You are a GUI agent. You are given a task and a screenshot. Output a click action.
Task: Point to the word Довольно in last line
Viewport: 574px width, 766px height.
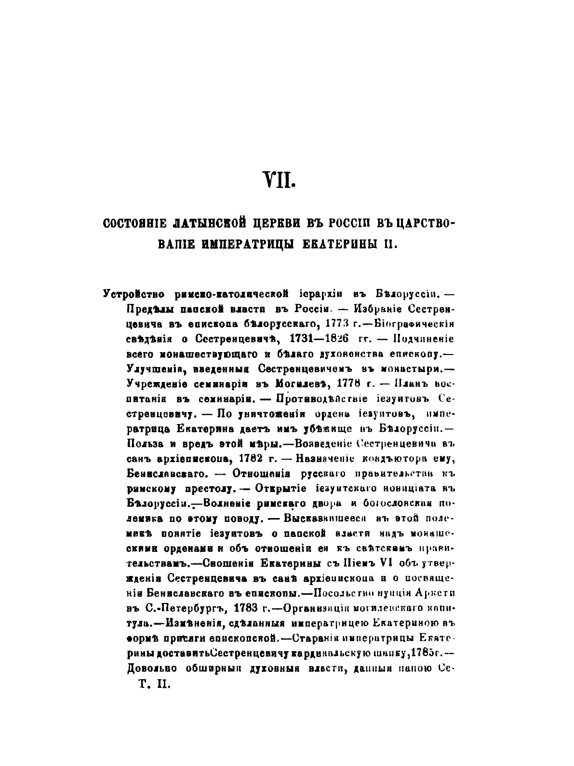coord(152,668)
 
